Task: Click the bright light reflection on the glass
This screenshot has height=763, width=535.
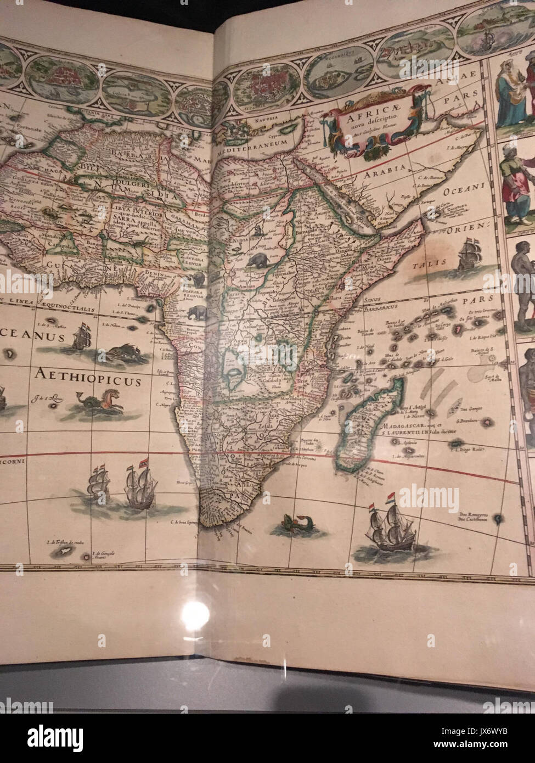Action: click(x=196, y=614)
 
